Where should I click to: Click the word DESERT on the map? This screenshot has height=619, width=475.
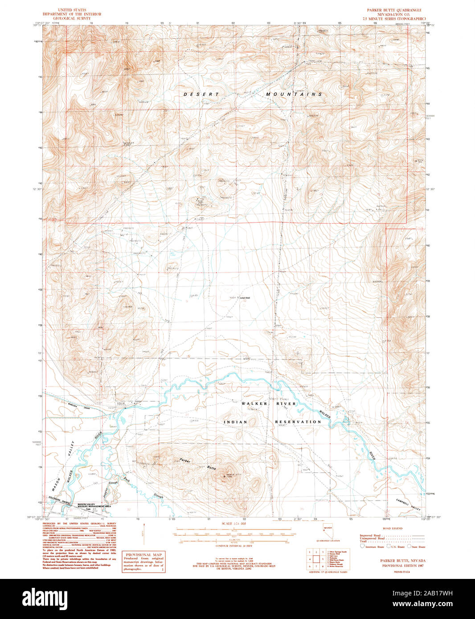click(201, 94)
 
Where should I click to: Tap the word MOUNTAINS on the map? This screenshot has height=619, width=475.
click(294, 94)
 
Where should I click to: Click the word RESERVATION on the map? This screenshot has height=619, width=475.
click(298, 422)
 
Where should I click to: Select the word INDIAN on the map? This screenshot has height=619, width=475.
click(235, 422)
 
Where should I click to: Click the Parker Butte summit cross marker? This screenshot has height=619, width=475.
click(224, 476)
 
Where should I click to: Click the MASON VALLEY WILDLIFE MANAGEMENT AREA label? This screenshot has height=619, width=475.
click(94, 505)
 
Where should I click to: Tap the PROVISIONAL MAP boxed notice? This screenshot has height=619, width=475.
click(143, 562)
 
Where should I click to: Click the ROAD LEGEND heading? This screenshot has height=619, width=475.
click(392, 528)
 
